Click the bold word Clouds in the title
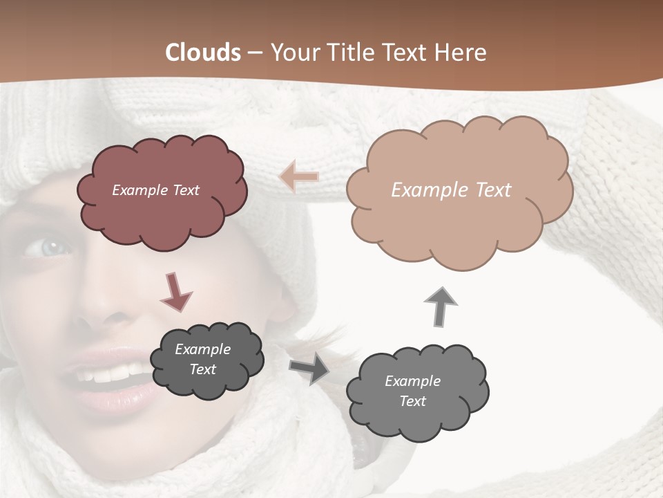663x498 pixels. [x=203, y=53]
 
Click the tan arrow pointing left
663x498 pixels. [x=299, y=176]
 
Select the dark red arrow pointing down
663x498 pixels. [x=176, y=290]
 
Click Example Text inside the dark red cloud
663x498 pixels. [x=155, y=190]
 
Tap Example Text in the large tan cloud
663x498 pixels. [x=451, y=190]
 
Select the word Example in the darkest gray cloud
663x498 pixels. [x=202, y=349]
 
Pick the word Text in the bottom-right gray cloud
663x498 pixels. [x=412, y=401]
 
